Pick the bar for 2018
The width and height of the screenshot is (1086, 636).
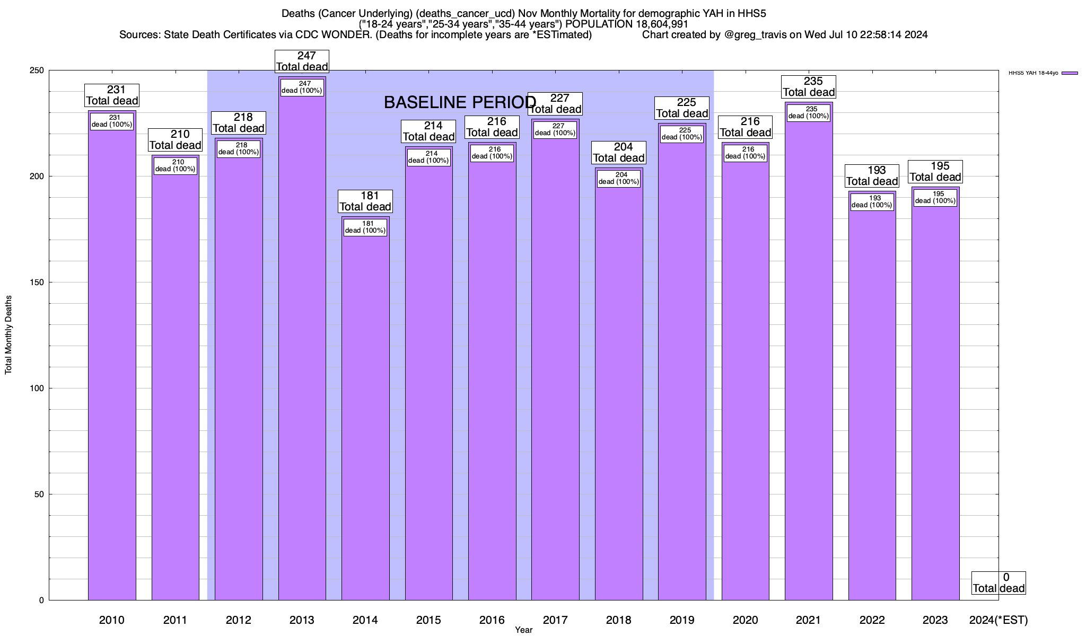pyautogui.click(x=619, y=392)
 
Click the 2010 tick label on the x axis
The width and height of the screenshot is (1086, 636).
pyautogui.click(x=112, y=620)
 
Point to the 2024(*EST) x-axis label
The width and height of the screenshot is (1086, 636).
pyautogui.click(x=998, y=620)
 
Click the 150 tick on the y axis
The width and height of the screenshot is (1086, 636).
pyautogui.click(x=38, y=282)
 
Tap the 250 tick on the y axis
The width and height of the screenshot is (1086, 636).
pyautogui.click(x=38, y=70)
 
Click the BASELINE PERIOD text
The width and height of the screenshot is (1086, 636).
pyautogui.click(x=460, y=102)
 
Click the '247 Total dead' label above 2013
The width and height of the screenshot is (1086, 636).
pyautogui.click(x=302, y=61)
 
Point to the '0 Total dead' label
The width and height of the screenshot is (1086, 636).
pyautogui.click(x=999, y=583)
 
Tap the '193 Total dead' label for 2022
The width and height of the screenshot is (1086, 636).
pyautogui.click(x=872, y=176)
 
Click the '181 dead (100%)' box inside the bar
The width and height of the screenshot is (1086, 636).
pyautogui.click(x=365, y=227)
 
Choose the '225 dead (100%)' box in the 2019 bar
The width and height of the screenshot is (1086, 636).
pyautogui.click(x=682, y=134)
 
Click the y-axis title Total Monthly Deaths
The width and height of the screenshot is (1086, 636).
pyautogui.click(x=8, y=334)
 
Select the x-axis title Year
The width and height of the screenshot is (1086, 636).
pyautogui.click(x=523, y=630)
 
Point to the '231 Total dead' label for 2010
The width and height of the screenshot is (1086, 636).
pyautogui.click(x=112, y=95)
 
